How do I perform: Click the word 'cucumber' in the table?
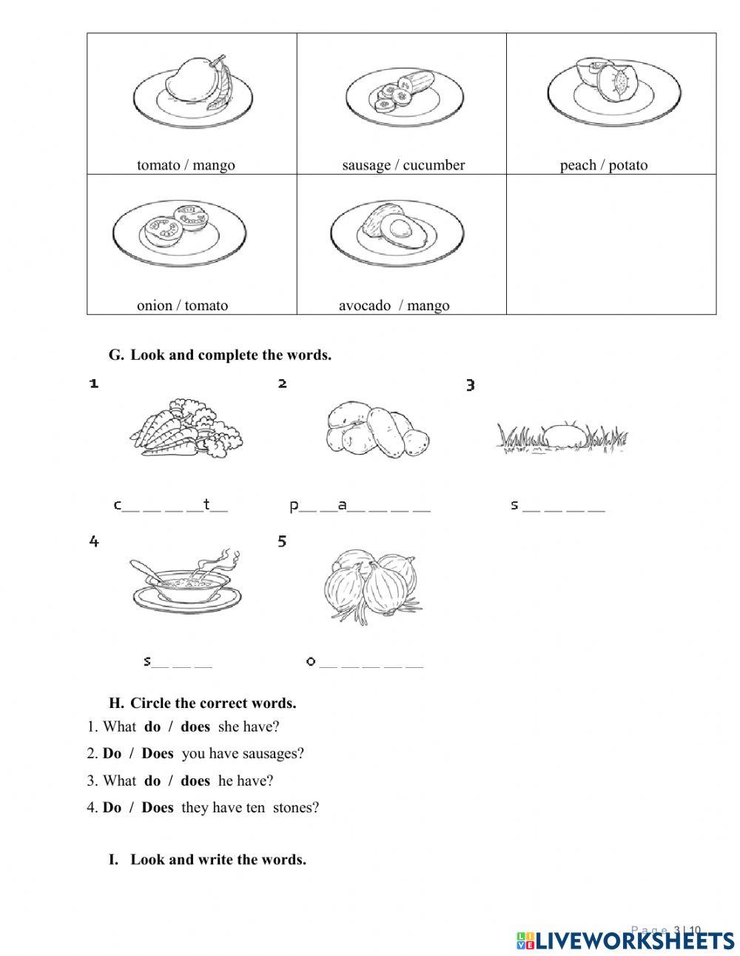[433, 165]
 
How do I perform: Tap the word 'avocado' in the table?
[364, 306]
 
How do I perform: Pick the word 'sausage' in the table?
[367, 165]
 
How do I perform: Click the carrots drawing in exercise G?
[186, 429]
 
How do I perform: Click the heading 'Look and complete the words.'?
[230, 355]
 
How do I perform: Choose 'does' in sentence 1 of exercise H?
[195, 727]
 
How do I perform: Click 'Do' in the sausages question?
[112, 754]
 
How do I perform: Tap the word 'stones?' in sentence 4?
[295, 808]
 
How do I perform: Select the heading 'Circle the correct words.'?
[212, 703]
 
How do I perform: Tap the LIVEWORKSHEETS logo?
[625, 940]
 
